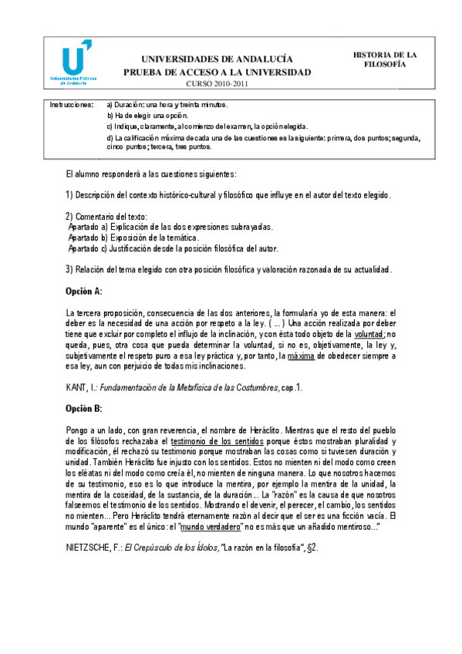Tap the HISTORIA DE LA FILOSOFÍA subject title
click(385, 60)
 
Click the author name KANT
click(79, 387)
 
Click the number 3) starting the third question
click(69, 269)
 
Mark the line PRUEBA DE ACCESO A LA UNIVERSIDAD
click(218, 72)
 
